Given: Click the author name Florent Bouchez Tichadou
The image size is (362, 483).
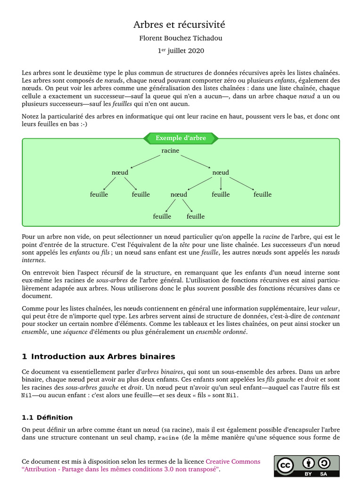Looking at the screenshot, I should click(181, 39).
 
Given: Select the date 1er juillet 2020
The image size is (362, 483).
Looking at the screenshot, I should click(181, 50).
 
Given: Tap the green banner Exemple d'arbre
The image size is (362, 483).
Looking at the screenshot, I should click(181, 138).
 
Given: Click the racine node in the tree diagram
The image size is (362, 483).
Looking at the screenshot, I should click(170, 150).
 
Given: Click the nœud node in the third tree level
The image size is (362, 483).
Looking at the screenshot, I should click(179, 194).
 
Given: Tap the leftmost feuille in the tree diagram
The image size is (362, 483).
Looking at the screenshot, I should click(99, 194).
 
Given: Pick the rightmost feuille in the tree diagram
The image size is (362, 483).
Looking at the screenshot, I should click(263, 194).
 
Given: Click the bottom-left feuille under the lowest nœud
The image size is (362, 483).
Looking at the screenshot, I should click(162, 217).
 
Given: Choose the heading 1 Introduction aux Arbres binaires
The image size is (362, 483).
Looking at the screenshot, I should click(99, 357).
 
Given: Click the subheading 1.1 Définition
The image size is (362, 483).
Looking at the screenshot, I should click(48, 417).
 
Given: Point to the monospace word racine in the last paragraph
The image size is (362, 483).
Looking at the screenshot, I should click(167, 438).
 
